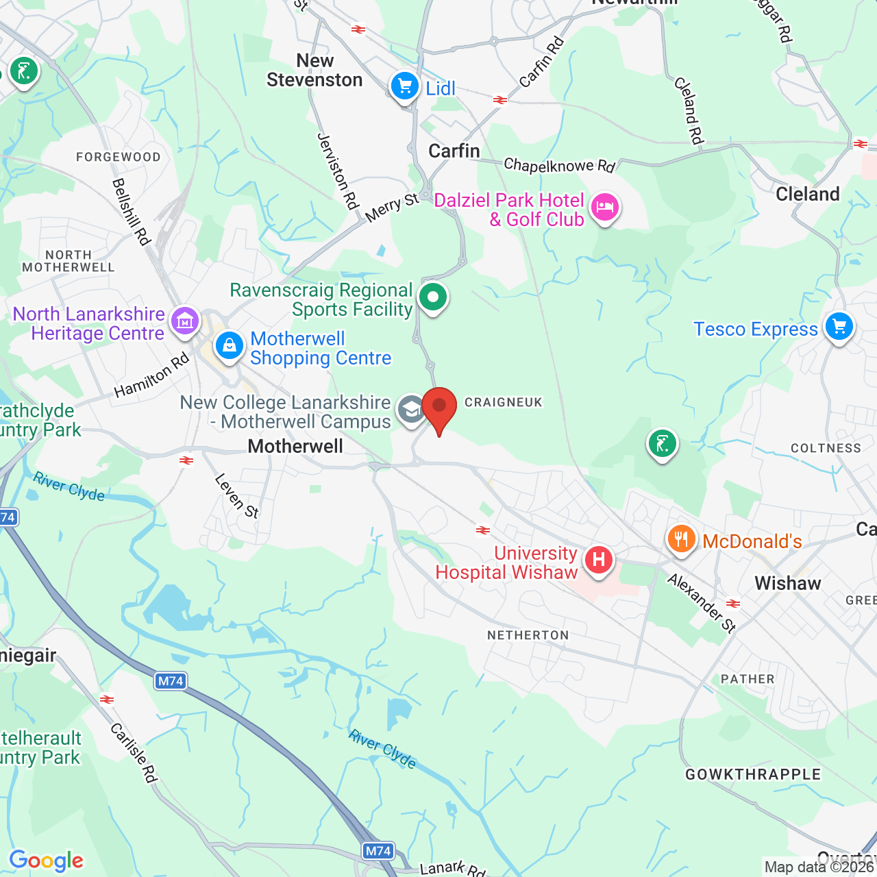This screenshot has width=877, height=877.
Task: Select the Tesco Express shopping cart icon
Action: pos(839,327)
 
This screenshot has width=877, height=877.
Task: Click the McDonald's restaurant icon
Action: pos(681,539)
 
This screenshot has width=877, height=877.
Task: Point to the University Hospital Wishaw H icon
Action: pos(599,560)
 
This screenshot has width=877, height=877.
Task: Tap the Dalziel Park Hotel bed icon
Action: pos(605,207)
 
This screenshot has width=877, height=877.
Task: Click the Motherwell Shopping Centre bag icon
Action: pos(229,345)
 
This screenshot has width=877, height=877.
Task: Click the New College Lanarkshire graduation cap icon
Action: pos(411,410)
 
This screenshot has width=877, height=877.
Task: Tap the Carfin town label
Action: pos(454,151)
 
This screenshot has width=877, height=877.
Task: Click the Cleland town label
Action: pos(808,194)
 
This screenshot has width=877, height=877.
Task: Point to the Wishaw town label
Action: pos(788,583)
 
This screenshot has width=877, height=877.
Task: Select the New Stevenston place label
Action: pos(314,71)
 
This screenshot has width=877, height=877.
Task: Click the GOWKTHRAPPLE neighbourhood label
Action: pos(753,774)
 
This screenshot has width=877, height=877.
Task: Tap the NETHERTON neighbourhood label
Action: pos(528,635)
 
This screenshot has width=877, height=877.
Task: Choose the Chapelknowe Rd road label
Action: pos(559,165)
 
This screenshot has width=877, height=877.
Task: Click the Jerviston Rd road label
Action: pos(338,171)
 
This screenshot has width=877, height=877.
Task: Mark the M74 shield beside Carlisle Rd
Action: pos(171,680)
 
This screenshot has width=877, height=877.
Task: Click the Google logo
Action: pos(47,861)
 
